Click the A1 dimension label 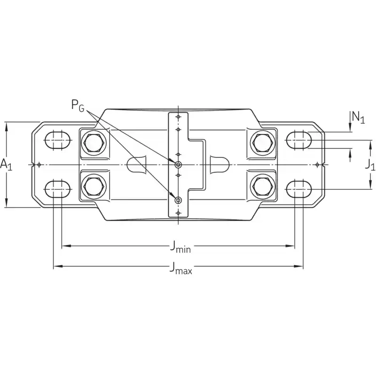(6, 165)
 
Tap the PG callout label (78, 105)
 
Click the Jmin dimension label (180, 247)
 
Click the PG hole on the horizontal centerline (178, 164)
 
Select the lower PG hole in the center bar (178, 201)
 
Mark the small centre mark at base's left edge (39, 164)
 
